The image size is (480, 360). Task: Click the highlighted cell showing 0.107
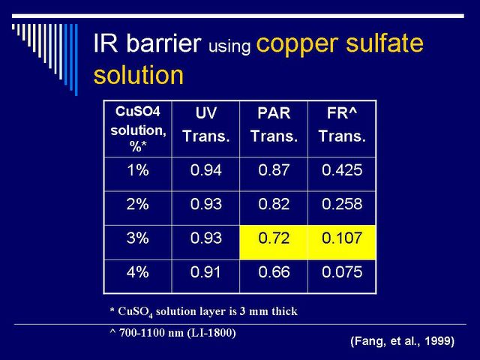pyautogui.click(x=342, y=242)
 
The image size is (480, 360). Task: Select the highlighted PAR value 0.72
pyautogui.click(x=274, y=242)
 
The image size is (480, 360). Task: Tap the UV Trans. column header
pyautogui.click(x=206, y=124)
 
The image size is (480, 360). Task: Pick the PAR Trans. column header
pyautogui.click(x=274, y=124)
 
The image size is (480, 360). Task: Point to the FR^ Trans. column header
pyautogui.click(x=342, y=124)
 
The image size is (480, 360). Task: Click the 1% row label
pyautogui.click(x=138, y=170)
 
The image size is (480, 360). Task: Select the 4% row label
pyautogui.click(x=138, y=271)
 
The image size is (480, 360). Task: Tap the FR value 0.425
pyautogui.click(x=342, y=170)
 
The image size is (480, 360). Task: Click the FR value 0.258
pyautogui.click(x=342, y=204)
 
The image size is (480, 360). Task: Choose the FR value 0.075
pyautogui.click(x=342, y=271)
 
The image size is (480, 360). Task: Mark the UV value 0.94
pyautogui.click(x=206, y=170)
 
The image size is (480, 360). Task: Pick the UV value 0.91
pyautogui.click(x=205, y=271)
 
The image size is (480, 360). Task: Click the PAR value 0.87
pyautogui.click(x=274, y=170)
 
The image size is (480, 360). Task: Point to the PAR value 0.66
pyautogui.click(x=274, y=271)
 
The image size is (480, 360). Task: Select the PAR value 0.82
pyautogui.click(x=274, y=204)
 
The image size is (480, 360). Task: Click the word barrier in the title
pyautogui.click(x=164, y=43)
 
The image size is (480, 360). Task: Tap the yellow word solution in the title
pyautogui.click(x=138, y=75)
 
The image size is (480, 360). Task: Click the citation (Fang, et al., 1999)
pyautogui.click(x=403, y=340)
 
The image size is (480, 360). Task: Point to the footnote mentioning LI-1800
pyautogui.click(x=173, y=333)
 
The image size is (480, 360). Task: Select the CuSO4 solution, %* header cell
pyautogui.click(x=138, y=129)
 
